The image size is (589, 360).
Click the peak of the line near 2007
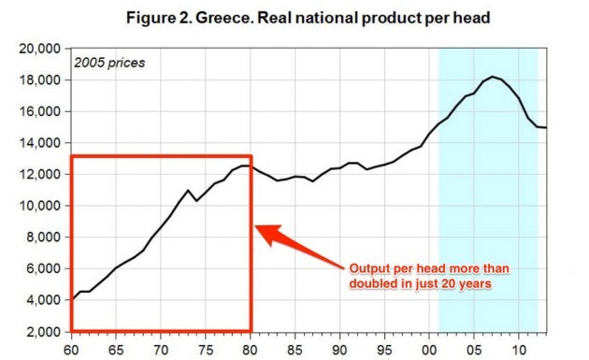492,77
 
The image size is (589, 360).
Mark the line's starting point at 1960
72,299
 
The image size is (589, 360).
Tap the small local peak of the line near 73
189,191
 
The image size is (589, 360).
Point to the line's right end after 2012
545,128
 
